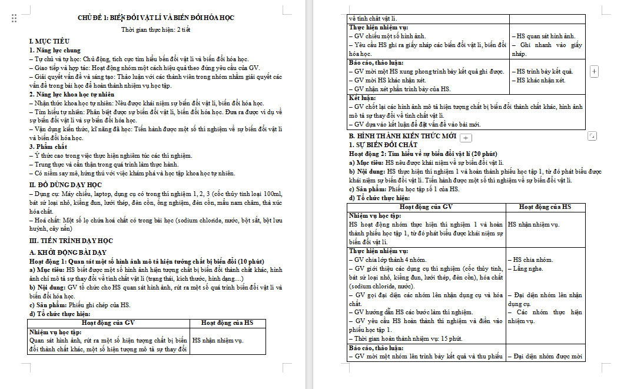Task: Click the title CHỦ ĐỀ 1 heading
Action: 156,18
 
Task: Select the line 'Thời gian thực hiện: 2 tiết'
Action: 156,29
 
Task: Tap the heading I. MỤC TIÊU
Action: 49,41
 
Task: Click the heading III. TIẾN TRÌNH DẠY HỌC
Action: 71,241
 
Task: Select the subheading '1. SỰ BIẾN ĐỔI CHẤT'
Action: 383,145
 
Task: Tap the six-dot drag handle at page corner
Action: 14,19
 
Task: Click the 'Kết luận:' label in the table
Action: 362,98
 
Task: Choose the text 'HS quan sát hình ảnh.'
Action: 546,36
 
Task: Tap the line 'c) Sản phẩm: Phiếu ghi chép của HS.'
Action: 80,305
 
